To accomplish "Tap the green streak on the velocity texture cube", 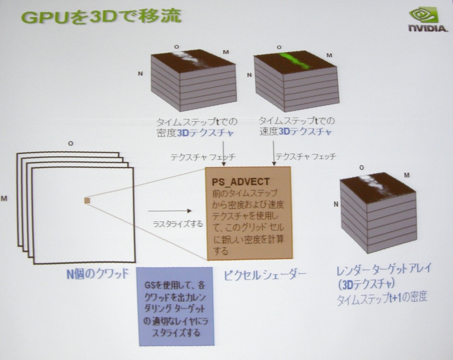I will (294, 59).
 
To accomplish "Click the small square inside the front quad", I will (87, 200).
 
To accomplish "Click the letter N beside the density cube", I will (139, 74).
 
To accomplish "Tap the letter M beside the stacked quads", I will (5, 199).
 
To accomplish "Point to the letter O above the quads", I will (70, 143).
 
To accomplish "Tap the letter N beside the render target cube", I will (336, 203).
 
